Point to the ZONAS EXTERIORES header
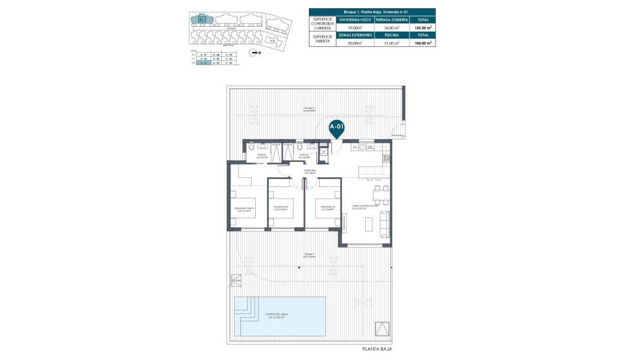[x=355, y=35]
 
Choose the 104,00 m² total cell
[x=422, y=43]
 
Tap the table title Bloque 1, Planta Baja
[x=371, y=11]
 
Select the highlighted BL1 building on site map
[x=201, y=20]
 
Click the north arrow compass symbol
[x=253, y=53]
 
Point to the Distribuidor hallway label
[x=309, y=171]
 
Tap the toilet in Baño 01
[x=251, y=148]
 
